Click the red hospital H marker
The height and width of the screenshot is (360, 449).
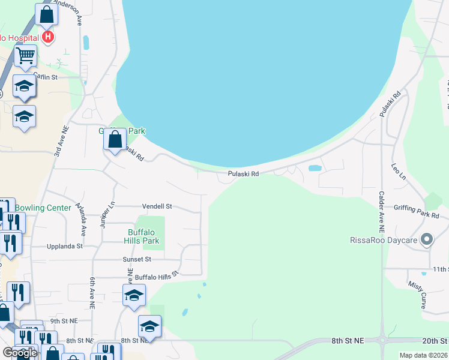click(x=49, y=37)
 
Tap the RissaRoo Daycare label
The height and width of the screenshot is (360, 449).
click(x=383, y=241)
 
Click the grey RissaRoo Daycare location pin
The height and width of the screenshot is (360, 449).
click(x=427, y=240)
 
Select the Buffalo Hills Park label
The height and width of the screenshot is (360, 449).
click(x=143, y=237)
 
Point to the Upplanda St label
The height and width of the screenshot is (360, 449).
click(x=65, y=246)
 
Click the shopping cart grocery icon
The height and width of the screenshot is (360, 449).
click(x=25, y=56)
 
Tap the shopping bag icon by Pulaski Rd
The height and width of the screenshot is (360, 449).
click(x=114, y=140)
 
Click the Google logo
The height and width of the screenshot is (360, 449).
click(x=20, y=353)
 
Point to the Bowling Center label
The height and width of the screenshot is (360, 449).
click(x=43, y=208)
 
